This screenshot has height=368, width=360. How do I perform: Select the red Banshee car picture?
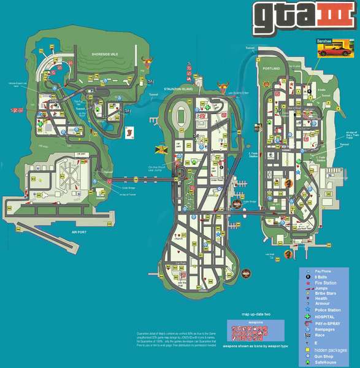point(335,50)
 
